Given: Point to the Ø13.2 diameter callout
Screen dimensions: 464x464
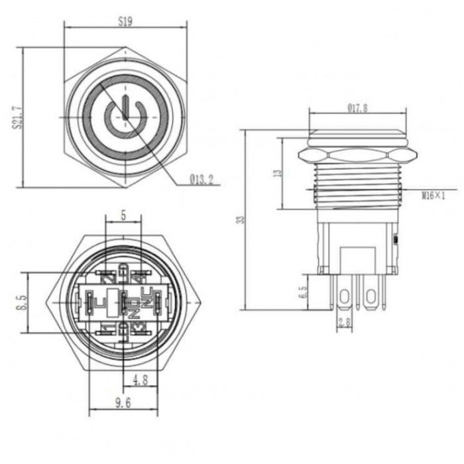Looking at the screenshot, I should (200, 179).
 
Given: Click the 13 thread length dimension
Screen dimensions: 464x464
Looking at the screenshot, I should (278, 172).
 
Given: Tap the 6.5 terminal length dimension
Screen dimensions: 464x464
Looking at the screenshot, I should (304, 292).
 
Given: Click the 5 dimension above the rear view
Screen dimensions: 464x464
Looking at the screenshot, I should (123, 215).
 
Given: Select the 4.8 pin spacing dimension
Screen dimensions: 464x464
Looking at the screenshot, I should (139, 380).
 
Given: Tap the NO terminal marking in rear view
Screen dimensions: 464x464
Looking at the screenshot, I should (134, 306).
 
